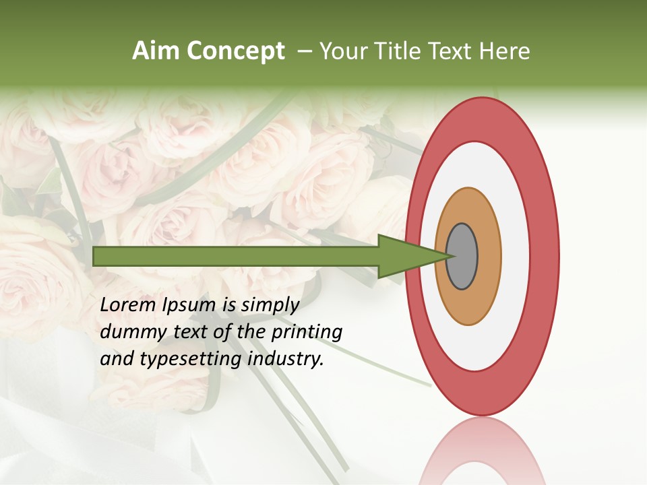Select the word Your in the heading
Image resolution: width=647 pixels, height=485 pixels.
[x=342, y=51]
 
